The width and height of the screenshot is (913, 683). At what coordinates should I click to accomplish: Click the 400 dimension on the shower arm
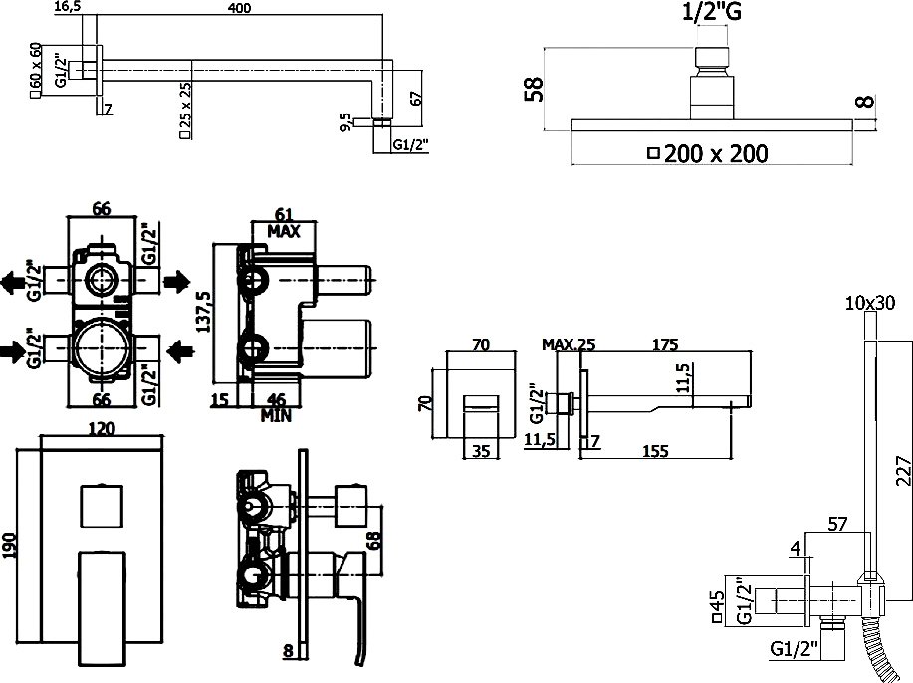point(239,8)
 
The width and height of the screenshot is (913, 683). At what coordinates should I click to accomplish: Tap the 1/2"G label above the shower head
point(712,12)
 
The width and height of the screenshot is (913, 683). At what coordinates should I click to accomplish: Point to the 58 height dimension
point(534,89)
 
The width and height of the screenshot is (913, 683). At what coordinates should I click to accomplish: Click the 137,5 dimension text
point(205,312)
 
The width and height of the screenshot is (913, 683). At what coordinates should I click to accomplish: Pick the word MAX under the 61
point(284,232)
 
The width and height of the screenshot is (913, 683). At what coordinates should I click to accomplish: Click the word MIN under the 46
point(276,416)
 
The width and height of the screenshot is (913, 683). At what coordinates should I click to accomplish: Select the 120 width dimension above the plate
point(102,429)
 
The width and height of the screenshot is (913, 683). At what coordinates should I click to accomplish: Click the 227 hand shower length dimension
point(904,471)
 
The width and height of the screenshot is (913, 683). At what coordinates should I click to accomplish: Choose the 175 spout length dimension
point(665,344)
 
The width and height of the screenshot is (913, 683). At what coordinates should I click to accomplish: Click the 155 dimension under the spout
point(655,451)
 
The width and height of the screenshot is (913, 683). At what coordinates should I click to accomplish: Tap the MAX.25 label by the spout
point(569,344)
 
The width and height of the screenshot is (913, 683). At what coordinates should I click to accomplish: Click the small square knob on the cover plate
point(102,505)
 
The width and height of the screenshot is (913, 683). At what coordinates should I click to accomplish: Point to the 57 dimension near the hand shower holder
point(837,525)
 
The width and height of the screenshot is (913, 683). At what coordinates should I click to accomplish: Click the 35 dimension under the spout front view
point(481,451)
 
